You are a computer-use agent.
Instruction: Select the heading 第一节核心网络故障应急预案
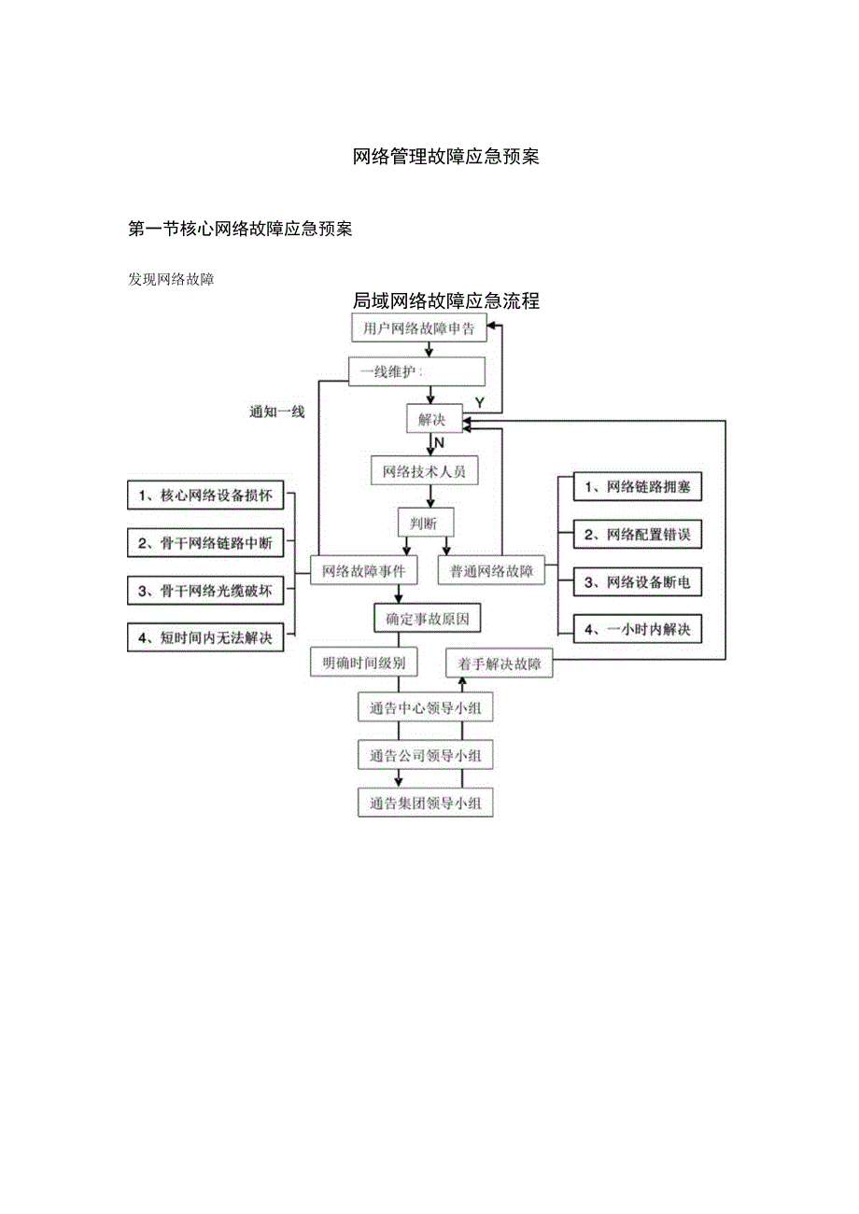coord(239,229)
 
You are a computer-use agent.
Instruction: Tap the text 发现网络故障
coord(171,278)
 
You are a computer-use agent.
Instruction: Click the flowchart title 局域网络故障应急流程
coord(445,301)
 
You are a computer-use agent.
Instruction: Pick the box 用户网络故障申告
coord(418,328)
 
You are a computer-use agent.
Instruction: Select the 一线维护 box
coord(416,372)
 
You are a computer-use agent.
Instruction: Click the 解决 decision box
coord(432,420)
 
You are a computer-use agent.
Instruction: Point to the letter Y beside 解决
coord(480,402)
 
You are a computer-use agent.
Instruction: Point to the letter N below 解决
coord(439,442)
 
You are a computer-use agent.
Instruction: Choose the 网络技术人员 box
coord(425,471)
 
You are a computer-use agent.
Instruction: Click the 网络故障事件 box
coord(363,570)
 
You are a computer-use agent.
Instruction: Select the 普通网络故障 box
coord(491,570)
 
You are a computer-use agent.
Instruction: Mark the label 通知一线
coord(277,412)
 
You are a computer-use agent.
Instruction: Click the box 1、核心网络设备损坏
coord(204,496)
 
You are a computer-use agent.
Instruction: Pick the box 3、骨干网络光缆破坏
coord(204,591)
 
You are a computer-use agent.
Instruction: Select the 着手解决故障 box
coord(500,663)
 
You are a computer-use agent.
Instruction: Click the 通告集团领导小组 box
coord(425,803)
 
